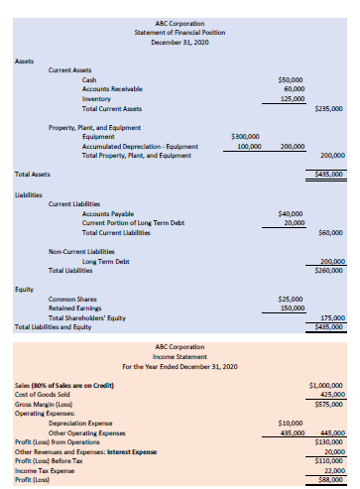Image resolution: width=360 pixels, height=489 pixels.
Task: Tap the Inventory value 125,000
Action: point(292,98)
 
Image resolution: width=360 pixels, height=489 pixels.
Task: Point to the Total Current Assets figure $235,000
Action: point(328,108)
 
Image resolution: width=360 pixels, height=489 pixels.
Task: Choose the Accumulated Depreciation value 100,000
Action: point(248,146)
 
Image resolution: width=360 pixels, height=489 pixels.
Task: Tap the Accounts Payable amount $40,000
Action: point(291,213)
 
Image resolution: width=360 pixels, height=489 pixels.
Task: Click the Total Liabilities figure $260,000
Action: point(328,270)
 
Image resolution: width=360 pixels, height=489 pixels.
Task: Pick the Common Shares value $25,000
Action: point(291,299)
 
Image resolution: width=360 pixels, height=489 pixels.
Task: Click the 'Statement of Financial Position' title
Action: point(180,32)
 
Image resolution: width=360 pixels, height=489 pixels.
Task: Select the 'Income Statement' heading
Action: point(180,357)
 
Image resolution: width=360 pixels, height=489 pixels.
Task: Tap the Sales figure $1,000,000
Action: point(326,384)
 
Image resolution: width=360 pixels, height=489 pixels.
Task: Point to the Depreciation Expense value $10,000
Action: point(293,423)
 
